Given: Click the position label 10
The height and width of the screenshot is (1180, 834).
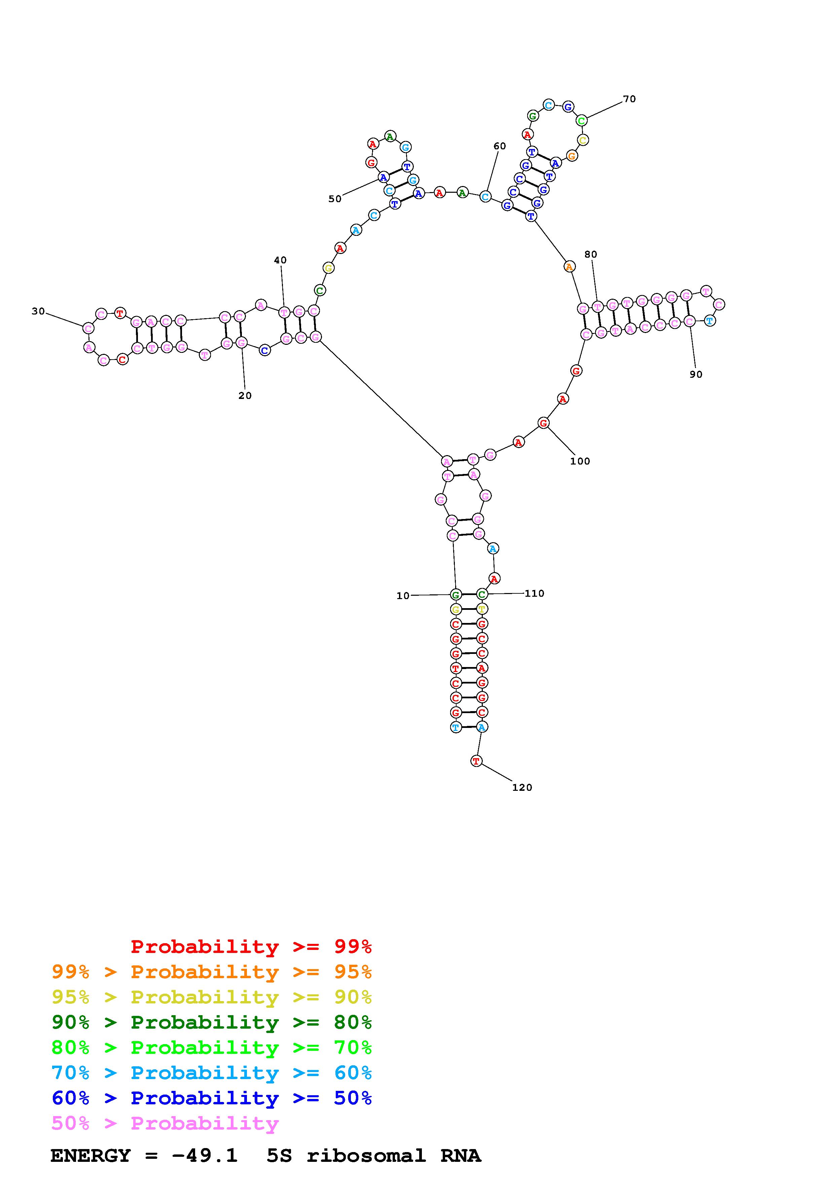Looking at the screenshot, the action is click(x=403, y=596).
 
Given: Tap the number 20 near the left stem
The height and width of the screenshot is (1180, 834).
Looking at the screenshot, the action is click(x=245, y=396).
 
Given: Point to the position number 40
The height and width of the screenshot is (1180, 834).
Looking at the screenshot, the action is click(x=280, y=261).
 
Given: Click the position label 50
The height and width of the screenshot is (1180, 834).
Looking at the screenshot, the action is click(x=335, y=199).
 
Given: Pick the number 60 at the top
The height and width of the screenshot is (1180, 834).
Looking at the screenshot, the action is click(x=500, y=146).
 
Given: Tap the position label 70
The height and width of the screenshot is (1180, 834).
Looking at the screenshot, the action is click(x=629, y=99).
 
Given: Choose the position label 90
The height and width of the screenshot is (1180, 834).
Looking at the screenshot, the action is click(x=696, y=375).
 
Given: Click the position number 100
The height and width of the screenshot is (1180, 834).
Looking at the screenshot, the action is click(x=580, y=462).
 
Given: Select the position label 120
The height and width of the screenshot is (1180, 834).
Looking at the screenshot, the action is click(x=522, y=788).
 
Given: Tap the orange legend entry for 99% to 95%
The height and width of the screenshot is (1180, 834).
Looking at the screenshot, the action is click(x=212, y=972).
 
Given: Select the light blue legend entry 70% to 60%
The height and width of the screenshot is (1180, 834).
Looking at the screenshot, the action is click(x=212, y=1073).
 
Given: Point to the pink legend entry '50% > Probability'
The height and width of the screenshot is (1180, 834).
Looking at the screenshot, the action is click(x=165, y=1123).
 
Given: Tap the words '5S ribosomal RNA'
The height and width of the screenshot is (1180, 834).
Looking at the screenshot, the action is click(x=373, y=1155).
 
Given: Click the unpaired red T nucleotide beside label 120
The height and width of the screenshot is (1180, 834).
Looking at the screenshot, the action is click(x=476, y=761).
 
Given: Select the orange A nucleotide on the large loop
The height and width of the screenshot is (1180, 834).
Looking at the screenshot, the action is click(x=569, y=267).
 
